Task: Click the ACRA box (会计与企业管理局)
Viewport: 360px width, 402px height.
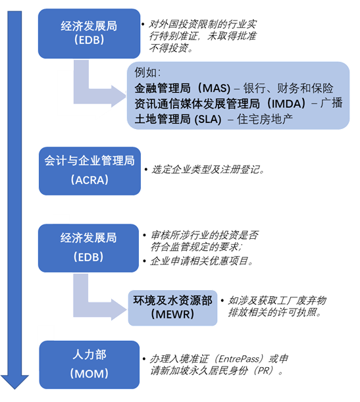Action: pos(90,171)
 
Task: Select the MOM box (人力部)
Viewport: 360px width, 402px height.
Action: pos(90,364)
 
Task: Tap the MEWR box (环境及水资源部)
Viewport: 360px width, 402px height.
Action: pos(172,308)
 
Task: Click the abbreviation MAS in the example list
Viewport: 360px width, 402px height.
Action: pos(217,88)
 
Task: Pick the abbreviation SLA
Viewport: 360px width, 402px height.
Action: pos(208,120)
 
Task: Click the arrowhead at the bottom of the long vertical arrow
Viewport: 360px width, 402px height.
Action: pos(14,382)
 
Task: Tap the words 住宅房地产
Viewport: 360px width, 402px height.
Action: pos(265,120)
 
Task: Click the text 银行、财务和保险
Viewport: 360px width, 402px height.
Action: pos(288,88)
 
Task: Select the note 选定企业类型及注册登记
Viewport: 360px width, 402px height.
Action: pos(208,170)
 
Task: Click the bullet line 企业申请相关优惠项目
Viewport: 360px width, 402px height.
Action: pos(201,261)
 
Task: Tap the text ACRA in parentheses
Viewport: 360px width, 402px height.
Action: pos(90,180)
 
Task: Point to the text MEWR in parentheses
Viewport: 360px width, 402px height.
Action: pos(172,314)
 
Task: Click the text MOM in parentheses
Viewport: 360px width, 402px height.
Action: pos(90,374)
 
